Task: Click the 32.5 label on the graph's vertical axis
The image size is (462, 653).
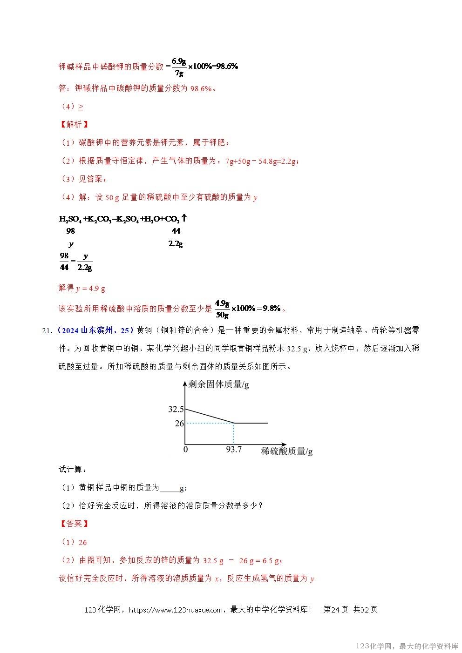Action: point(176,409)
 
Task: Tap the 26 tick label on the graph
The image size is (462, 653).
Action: point(179,424)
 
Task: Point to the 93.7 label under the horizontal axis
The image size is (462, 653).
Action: point(234,450)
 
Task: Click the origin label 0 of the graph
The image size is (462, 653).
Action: point(185,450)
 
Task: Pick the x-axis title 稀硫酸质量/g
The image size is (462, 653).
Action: point(286,451)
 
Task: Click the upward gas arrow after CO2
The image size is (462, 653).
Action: point(184,218)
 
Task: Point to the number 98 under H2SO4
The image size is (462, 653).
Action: point(70,231)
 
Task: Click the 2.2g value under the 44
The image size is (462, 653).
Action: point(175,244)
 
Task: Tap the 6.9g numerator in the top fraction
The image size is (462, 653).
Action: point(179,61)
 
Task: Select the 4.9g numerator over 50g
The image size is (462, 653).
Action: point(222,304)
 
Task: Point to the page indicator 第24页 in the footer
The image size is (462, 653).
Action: point(335,610)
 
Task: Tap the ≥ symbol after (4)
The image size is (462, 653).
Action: point(81,107)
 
